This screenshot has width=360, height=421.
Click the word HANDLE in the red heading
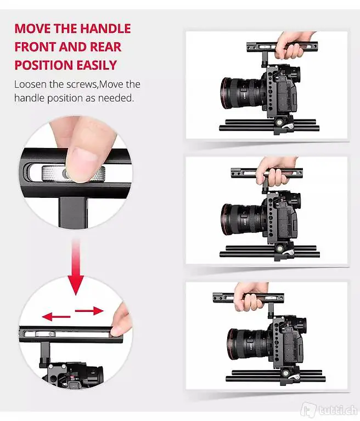pyautogui.click(x=105, y=29)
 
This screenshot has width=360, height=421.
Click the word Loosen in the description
pyautogui.click(x=30, y=84)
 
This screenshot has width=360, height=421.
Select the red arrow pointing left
pyautogui.click(x=56, y=316)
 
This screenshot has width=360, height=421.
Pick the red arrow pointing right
pyautogui.click(x=89, y=311)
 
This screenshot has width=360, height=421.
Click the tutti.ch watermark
pyautogui.click(x=330, y=409)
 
